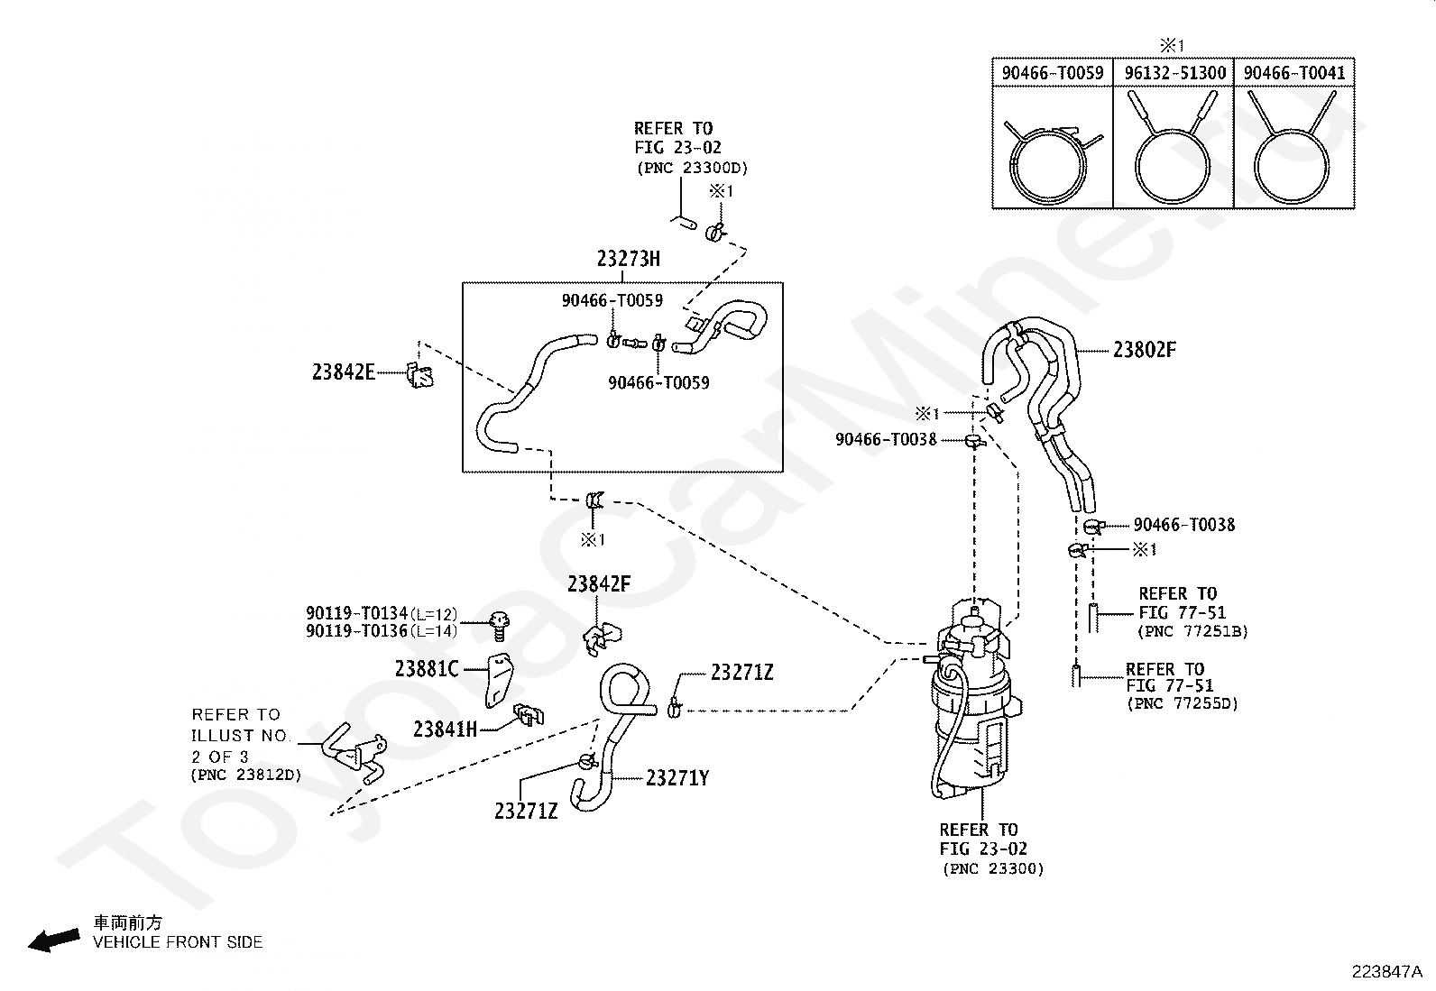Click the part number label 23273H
(628, 259)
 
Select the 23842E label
(344, 372)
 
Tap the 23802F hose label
(1145, 350)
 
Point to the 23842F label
(599, 584)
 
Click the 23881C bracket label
(427, 669)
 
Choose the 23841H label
(445, 729)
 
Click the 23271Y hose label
(677, 778)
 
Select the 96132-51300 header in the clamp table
(1175, 73)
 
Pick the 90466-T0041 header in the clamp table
(1294, 73)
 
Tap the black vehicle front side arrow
(54, 940)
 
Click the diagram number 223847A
(1386, 972)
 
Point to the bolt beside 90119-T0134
(500, 627)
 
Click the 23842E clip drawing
(420, 375)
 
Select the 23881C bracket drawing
(499, 680)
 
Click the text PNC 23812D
(246, 775)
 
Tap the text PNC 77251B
(1193, 631)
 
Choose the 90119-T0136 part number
(356, 631)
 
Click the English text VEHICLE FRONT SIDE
(179, 942)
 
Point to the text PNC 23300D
(693, 168)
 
